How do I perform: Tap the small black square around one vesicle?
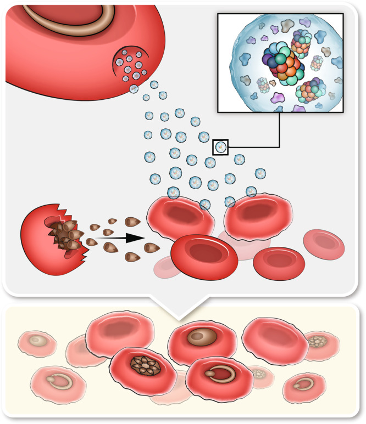coord(220,147)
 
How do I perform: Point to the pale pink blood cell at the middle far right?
coord(324,244)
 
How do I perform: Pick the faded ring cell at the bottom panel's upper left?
coord(39,342)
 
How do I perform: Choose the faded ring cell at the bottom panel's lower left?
coord(52,381)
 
